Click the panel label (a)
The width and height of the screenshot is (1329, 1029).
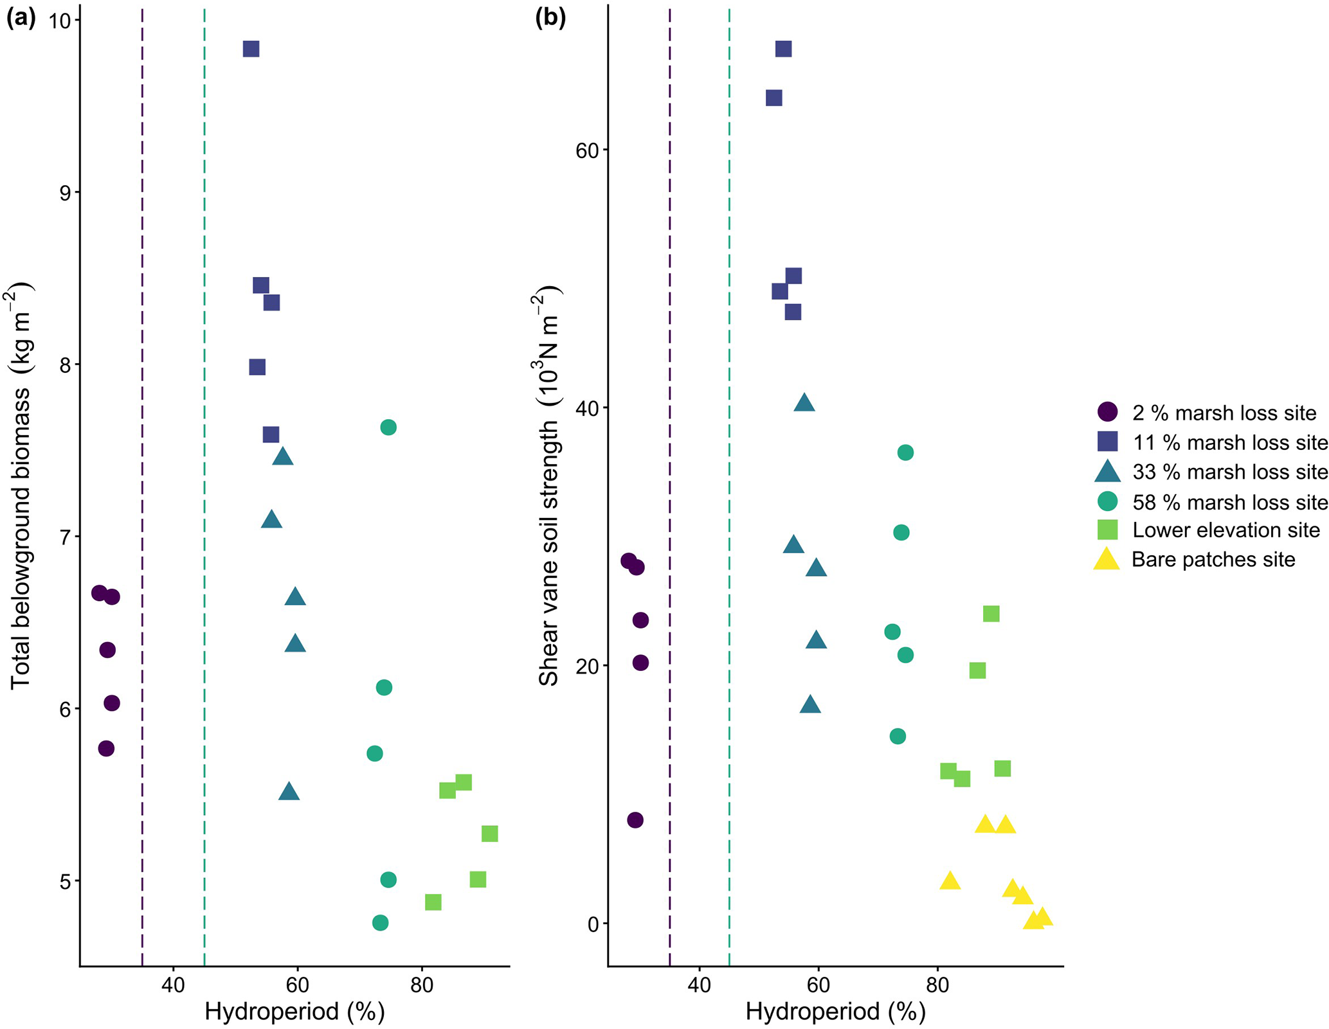[21, 19]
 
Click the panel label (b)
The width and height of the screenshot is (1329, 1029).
[550, 19]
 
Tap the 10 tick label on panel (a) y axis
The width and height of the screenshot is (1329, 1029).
[60, 21]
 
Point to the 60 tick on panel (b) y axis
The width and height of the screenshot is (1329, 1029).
[587, 150]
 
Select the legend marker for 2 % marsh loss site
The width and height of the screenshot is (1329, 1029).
[1107, 412]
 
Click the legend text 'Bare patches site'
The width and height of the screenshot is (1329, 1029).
[1213, 560]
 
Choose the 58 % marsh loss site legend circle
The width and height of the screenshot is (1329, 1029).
[1107, 501]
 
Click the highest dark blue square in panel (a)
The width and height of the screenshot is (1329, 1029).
[251, 49]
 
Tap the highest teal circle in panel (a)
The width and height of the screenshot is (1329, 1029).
[388, 427]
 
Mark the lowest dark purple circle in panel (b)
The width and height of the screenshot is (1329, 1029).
[635, 820]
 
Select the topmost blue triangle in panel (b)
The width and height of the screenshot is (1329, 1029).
[804, 403]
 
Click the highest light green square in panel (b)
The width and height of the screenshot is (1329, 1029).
[991, 614]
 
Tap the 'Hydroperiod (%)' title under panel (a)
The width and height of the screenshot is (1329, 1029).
[294, 1011]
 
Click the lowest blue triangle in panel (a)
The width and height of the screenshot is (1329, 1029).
[289, 792]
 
